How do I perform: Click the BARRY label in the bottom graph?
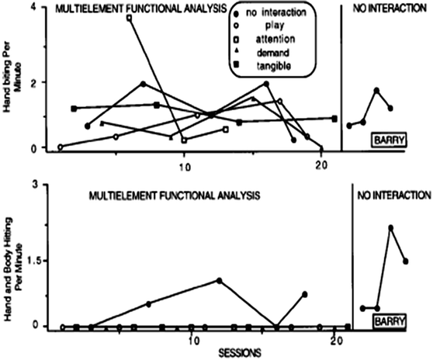point(390,320)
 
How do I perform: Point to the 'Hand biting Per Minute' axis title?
point(13,78)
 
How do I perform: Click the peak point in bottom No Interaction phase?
point(391,227)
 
